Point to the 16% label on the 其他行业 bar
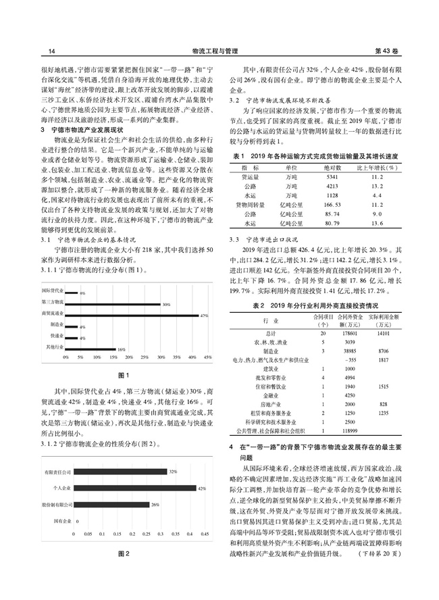click(122, 348)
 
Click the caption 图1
click(122, 374)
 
